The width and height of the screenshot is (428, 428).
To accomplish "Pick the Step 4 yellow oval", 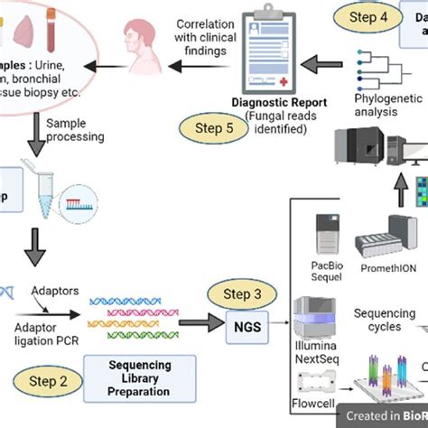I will pyautogui.click(x=366, y=16).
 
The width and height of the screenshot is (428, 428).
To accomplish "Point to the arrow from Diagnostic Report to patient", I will pyautogui.click(x=200, y=65).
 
